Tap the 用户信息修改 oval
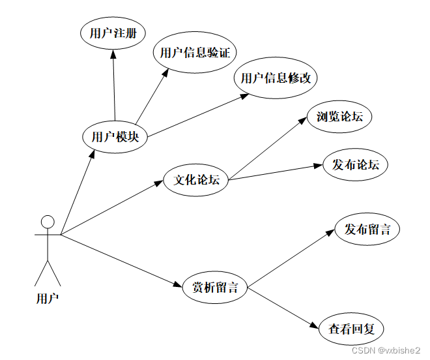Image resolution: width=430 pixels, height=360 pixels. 276,78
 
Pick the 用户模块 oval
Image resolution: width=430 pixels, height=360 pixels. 115,137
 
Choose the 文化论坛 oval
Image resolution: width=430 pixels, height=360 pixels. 196,180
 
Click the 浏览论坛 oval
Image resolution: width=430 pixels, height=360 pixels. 339,117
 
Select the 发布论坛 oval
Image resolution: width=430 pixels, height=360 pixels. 355,165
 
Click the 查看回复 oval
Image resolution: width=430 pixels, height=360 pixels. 351,329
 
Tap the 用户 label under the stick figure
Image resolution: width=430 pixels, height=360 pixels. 47,299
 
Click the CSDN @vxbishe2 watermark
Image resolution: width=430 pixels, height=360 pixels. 390,350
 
